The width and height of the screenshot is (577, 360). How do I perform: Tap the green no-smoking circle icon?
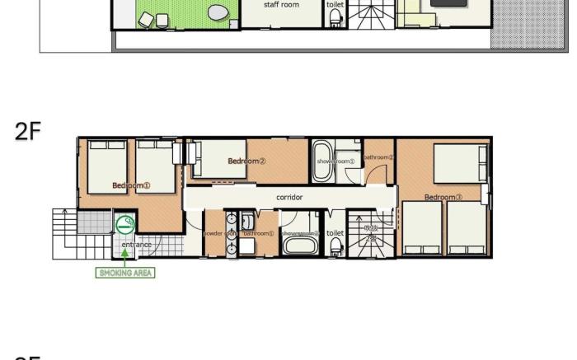pyautogui.click(x=125, y=223)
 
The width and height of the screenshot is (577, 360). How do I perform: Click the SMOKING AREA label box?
pyautogui.click(x=126, y=273)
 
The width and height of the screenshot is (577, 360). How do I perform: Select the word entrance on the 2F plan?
pyautogui.click(x=136, y=245)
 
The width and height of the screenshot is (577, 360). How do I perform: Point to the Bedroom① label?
pyautogui.click(x=131, y=185)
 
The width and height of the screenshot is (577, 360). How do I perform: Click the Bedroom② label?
pyautogui.click(x=246, y=161)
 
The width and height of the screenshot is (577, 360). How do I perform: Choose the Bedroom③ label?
pyautogui.click(x=443, y=197)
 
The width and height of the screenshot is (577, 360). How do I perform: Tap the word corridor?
pyautogui.click(x=289, y=197)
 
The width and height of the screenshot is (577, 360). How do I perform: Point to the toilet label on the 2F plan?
pyautogui.click(x=335, y=233)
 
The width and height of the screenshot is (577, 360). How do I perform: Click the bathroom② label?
pyautogui.click(x=378, y=157)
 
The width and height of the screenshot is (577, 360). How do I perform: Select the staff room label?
pyautogui.click(x=281, y=5)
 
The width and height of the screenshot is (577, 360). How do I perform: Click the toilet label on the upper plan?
pyautogui.click(x=335, y=5)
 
